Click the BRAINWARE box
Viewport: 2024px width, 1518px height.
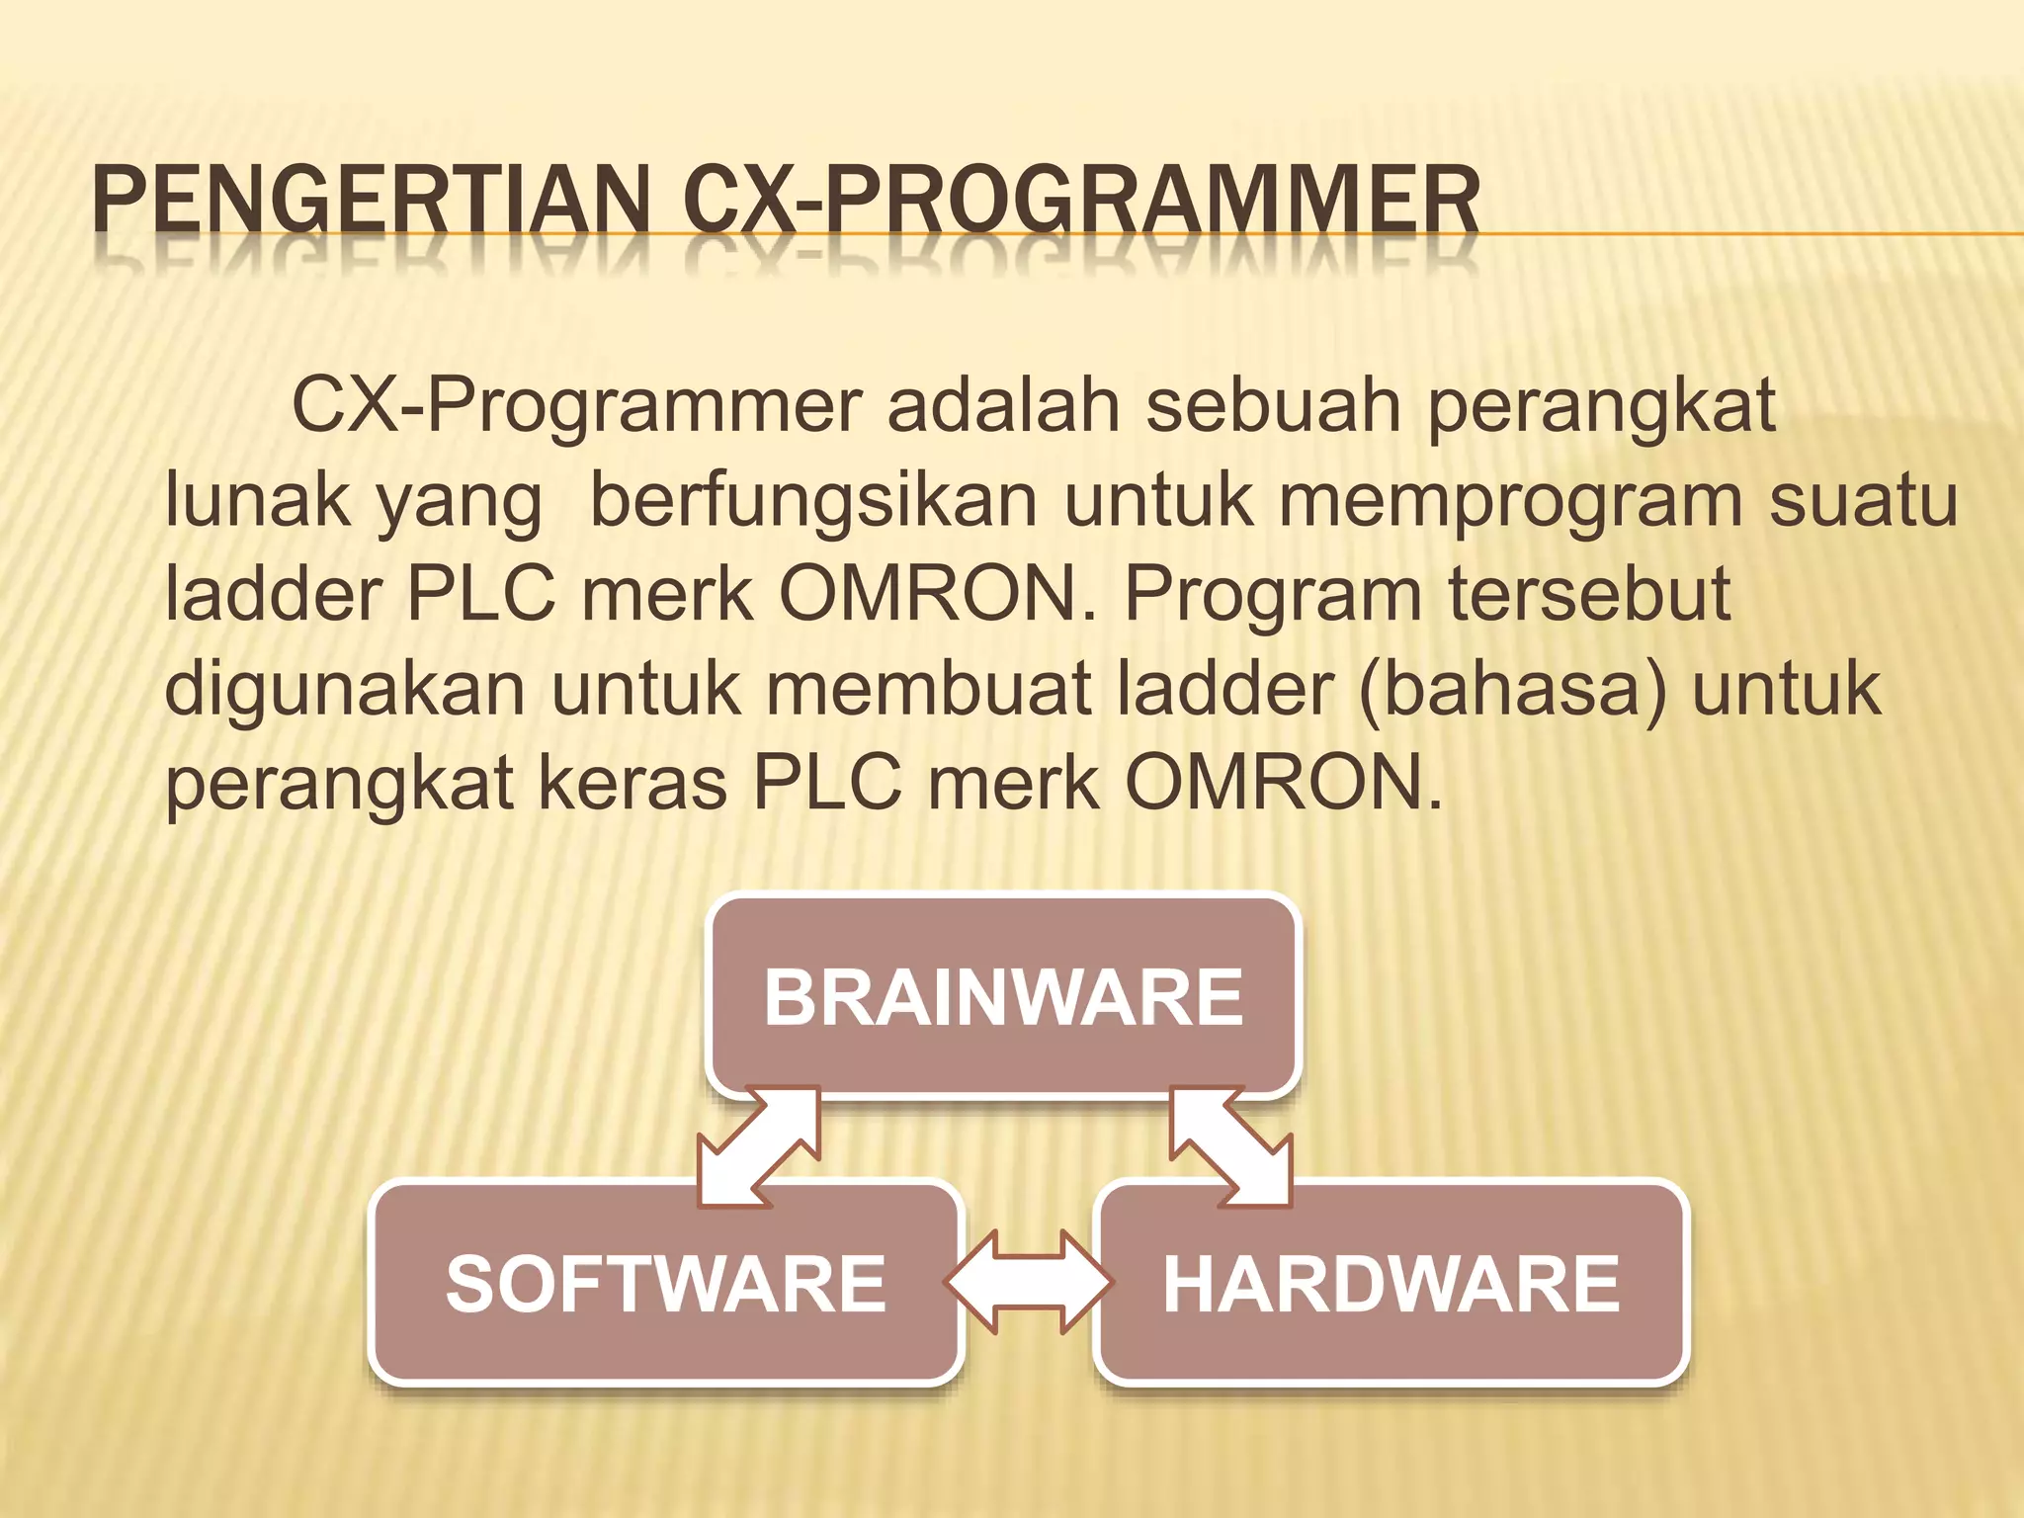pyautogui.click(x=1002, y=996)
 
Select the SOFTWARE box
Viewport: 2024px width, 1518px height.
pyautogui.click(x=665, y=1283)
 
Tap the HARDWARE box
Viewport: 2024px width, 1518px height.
pyautogui.click(x=1391, y=1283)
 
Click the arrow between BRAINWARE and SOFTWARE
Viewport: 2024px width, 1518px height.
pyautogui.click(x=759, y=1147)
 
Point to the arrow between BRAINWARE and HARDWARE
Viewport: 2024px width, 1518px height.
pyautogui.click(x=1230, y=1147)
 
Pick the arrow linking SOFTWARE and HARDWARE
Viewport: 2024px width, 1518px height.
pyautogui.click(x=1029, y=1283)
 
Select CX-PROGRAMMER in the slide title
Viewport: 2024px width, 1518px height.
pyautogui.click(x=1080, y=203)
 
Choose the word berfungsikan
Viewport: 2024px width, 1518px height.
pyautogui.click(x=812, y=501)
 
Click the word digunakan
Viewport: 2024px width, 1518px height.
pyautogui.click(x=344, y=689)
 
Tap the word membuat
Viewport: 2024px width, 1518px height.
pyautogui.click(x=928, y=688)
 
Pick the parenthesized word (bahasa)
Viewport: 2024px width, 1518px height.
pyautogui.click(x=1513, y=689)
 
